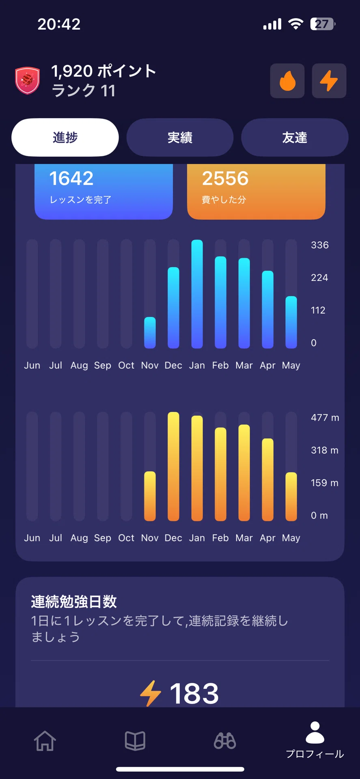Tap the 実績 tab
click(x=180, y=138)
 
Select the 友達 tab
click(x=295, y=138)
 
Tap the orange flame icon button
click(x=287, y=81)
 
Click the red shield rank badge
click(x=27, y=80)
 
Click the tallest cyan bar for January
click(x=197, y=294)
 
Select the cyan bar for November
click(x=150, y=333)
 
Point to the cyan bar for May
click(x=291, y=322)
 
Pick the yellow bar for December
click(x=173, y=466)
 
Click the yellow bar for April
click(x=267, y=480)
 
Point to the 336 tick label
click(x=320, y=245)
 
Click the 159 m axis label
click(x=324, y=483)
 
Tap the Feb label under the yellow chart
click(x=220, y=538)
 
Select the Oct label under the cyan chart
click(x=126, y=366)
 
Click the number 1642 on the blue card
click(x=71, y=179)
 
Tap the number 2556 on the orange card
click(x=225, y=179)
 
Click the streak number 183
click(x=194, y=693)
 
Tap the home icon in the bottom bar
click(x=45, y=741)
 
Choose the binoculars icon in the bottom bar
click(x=225, y=741)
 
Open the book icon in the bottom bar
click(x=135, y=741)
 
